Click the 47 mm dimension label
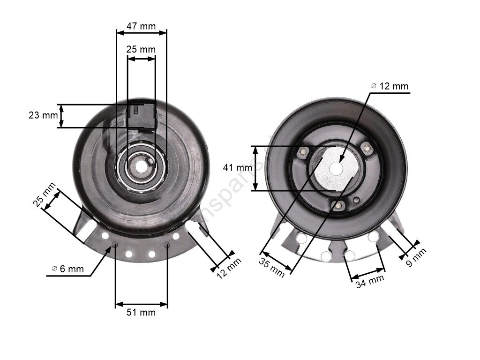[141, 26]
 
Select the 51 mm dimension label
[141, 312]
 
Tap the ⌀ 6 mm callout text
[67, 269]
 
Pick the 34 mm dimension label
[370, 281]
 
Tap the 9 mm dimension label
[416, 257]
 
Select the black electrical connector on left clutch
[142, 114]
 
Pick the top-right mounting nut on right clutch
[368, 149]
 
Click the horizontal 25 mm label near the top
[141, 49]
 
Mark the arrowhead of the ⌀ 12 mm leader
[341, 161]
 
